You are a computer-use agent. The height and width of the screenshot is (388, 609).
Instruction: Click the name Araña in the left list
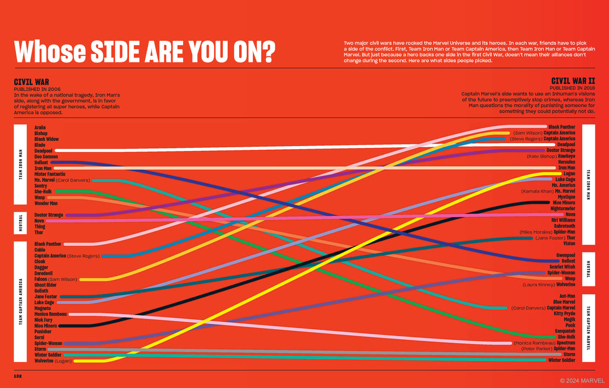click(40, 127)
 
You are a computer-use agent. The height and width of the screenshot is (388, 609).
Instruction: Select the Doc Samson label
click(46, 156)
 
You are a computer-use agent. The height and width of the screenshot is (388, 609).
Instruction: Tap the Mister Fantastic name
click(50, 174)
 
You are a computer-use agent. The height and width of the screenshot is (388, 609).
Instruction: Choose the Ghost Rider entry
click(46, 285)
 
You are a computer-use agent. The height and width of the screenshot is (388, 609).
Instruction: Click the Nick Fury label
click(44, 320)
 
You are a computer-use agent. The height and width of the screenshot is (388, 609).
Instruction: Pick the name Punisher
click(43, 331)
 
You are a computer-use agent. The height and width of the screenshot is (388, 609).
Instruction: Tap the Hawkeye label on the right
click(566, 156)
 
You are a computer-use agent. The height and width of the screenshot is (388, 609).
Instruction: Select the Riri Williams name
click(562, 220)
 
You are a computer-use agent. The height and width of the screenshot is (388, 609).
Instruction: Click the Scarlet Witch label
click(562, 267)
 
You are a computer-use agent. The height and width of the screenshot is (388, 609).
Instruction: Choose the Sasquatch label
click(564, 331)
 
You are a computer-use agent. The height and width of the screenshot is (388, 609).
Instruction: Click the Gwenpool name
click(564, 255)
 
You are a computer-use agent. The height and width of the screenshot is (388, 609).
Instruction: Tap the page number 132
click(18, 376)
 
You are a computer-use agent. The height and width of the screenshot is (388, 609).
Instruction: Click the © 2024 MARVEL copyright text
click(582, 380)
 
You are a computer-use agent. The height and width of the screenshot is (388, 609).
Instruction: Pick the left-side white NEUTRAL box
click(20, 223)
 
